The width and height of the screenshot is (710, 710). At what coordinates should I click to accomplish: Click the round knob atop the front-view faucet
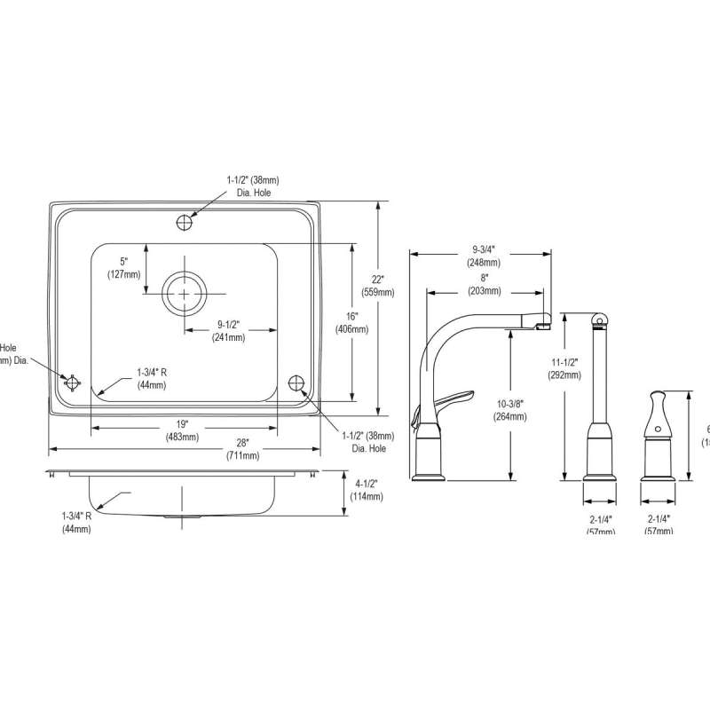pyautogui.click(x=597, y=316)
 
